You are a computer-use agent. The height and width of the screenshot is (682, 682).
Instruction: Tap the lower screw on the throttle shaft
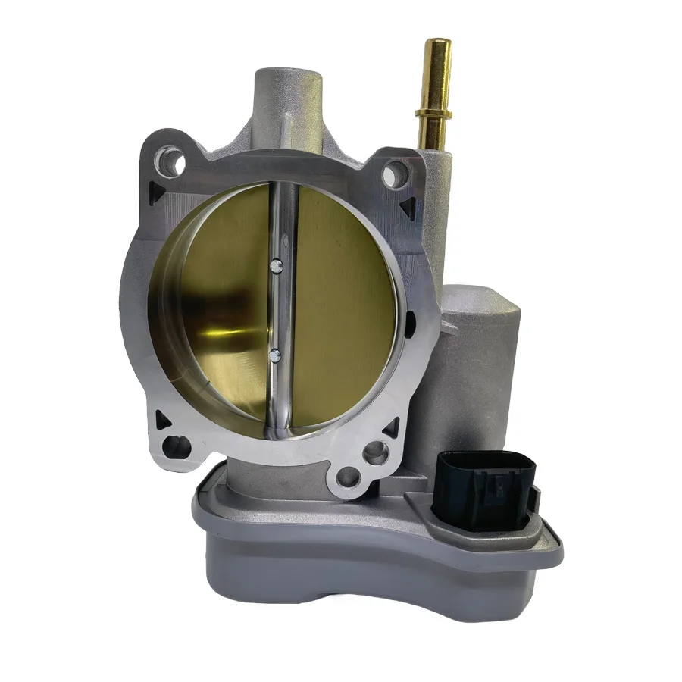[x=274, y=352]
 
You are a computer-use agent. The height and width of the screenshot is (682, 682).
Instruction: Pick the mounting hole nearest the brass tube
[x=392, y=176]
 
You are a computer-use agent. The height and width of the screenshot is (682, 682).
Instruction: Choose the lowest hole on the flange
[x=348, y=478]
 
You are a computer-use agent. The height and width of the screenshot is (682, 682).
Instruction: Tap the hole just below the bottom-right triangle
[x=372, y=454]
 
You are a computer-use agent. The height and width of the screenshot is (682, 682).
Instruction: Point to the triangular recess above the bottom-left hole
[x=160, y=418]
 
